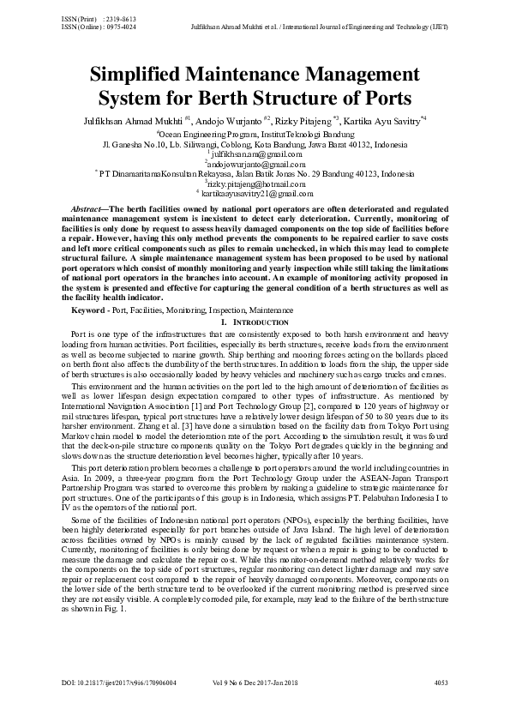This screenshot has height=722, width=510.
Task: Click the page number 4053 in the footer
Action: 441,683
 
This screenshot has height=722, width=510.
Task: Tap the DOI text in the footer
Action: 119,683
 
